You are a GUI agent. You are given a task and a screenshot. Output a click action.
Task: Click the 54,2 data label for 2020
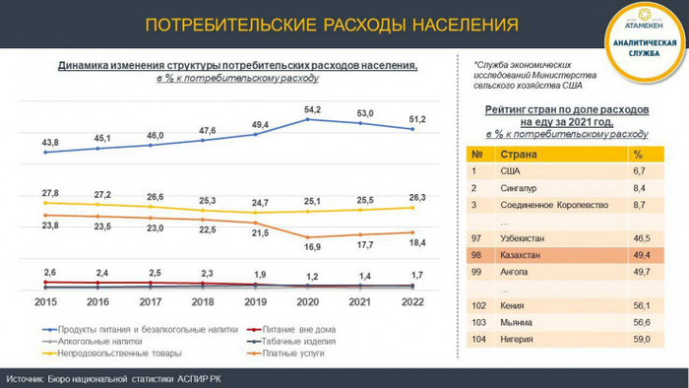312,108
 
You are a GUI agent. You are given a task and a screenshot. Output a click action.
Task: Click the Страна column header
519,155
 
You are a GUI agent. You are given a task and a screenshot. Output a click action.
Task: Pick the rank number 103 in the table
478,321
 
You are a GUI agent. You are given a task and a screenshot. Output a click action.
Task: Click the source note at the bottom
130,377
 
